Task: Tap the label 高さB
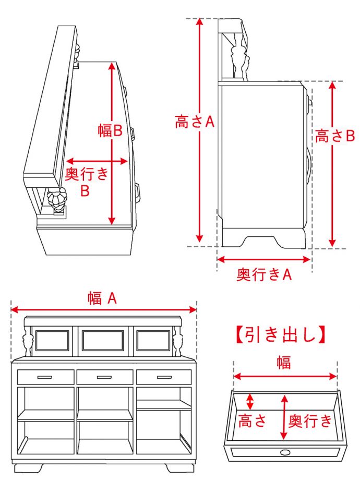point(334,136)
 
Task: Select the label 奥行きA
point(264,275)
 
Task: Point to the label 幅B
point(110,130)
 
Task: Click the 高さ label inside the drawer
point(253,421)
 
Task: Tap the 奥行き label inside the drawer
point(310,421)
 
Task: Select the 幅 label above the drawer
point(284,362)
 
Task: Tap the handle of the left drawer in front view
point(45,377)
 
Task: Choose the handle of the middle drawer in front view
point(104,377)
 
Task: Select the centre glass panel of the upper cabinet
point(103,340)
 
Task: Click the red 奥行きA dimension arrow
point(264,259)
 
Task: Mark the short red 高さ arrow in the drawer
point(250,402)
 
